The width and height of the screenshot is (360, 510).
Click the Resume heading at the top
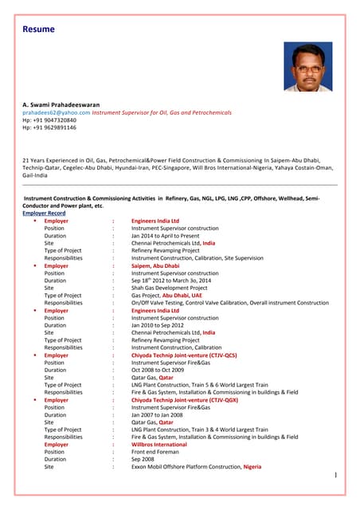point(39,29)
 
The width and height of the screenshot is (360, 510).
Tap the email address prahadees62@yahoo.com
point(56,112)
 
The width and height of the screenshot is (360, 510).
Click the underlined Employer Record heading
point(44,214)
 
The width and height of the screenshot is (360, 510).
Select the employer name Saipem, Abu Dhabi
point(157,265)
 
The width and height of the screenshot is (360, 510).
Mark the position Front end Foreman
point(158,452)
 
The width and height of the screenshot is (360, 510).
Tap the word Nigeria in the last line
point(252,467)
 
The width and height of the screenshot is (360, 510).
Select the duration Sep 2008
point(144,459)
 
